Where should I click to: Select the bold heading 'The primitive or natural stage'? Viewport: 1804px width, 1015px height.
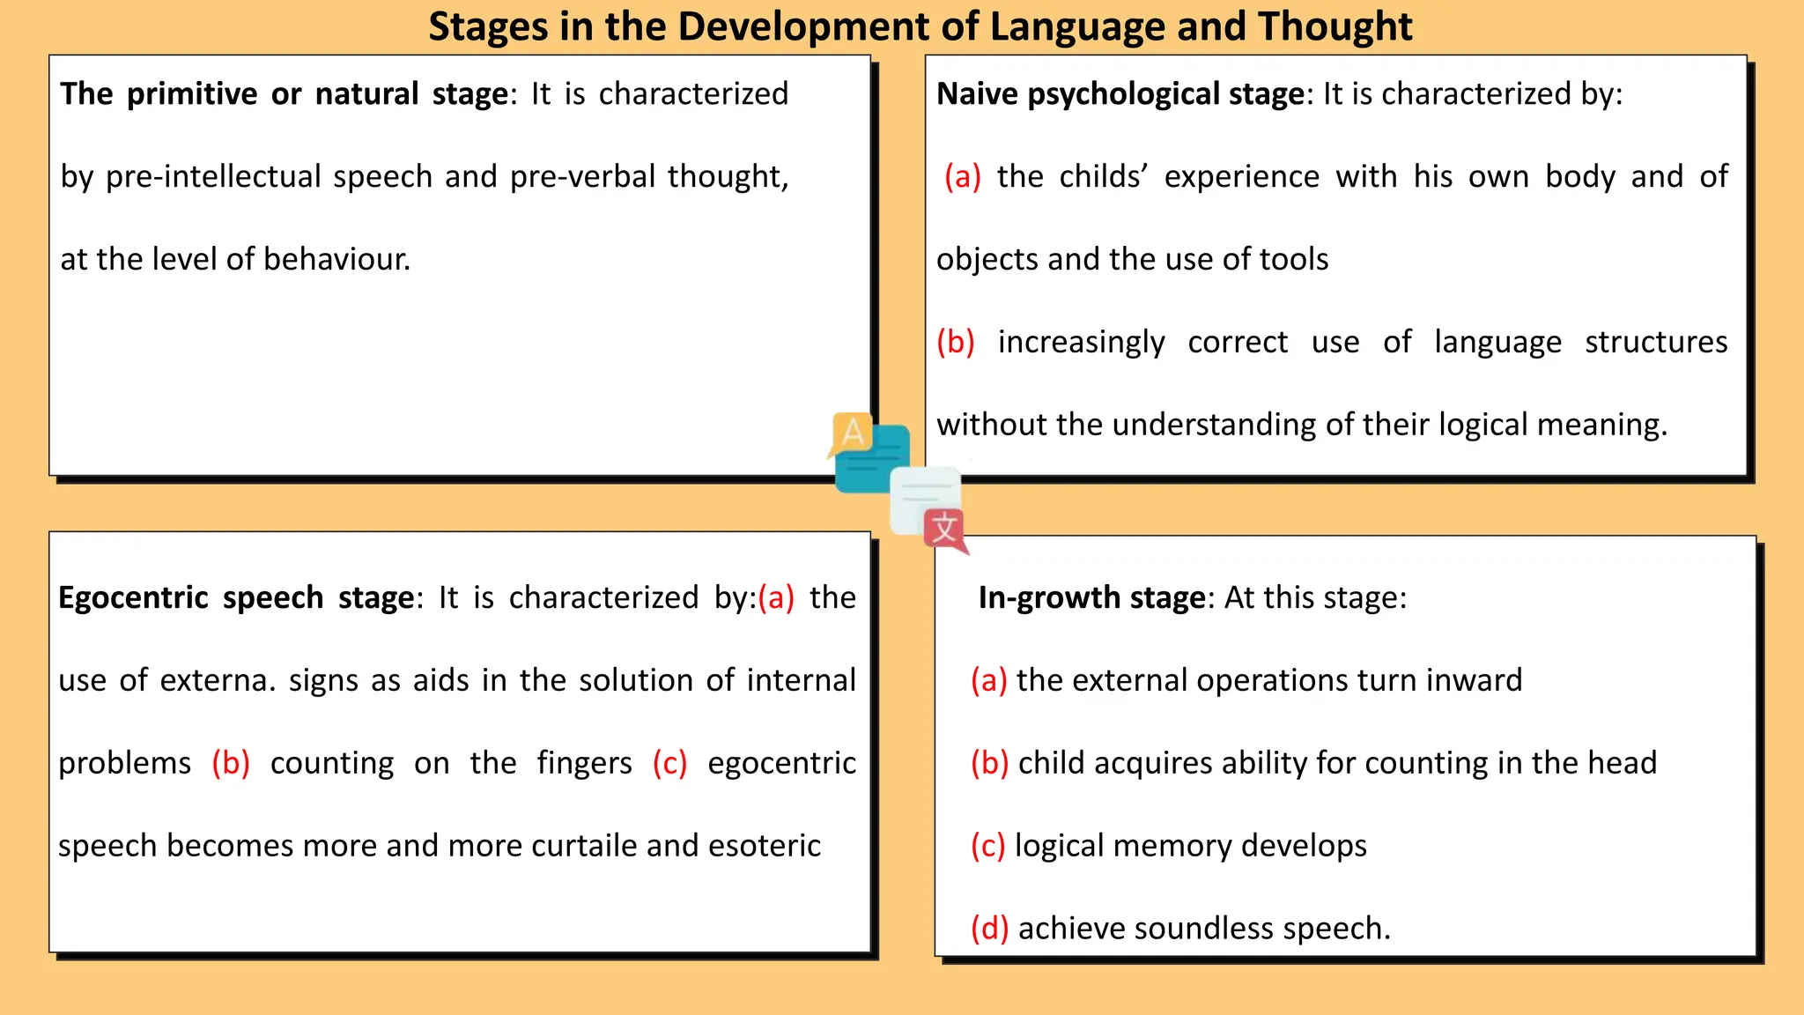pyautogui.click(x=284, y=94)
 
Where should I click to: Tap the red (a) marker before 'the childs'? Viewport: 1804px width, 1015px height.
pyautogui.click(x=962, y=177)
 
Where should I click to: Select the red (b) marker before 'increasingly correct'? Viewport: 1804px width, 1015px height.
pyautogui.click(x=956, y=342)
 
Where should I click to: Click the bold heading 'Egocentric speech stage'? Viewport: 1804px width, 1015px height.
pyautogui.click(x=236, y=598)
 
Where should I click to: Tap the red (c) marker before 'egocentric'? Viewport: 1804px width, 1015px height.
pyautogui.click(x=669, y=763)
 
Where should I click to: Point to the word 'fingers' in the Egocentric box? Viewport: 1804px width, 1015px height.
pyautogui.click(x=585, y=763)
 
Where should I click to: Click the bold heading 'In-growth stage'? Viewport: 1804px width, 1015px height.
pyautogui.click(x=1091, y=598)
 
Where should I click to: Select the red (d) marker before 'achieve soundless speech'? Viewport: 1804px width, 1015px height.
pyautogui.click(x=989, y=929)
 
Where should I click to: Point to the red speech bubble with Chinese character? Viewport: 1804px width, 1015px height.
pyautogui.click(x=945, y=530)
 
